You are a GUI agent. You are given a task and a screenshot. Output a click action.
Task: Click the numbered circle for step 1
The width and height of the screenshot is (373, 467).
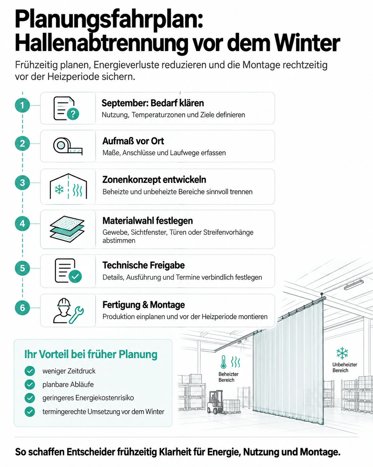pos(22,106)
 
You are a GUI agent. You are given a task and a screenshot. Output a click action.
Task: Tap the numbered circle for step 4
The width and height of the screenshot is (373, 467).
pos(22,224)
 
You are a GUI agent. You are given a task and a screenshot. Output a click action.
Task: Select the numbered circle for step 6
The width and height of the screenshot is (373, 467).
pos(22,308)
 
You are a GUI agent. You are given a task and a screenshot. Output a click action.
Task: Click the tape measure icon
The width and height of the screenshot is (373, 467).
pos(68,146)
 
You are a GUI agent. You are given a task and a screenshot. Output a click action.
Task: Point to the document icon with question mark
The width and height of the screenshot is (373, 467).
pos(66,108)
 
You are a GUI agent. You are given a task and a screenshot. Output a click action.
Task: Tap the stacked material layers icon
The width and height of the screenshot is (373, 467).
pos(67,229)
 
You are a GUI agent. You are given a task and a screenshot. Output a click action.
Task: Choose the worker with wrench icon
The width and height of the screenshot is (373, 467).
pos(68,311)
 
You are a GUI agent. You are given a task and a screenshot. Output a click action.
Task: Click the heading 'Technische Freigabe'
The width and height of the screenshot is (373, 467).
pos(143,265)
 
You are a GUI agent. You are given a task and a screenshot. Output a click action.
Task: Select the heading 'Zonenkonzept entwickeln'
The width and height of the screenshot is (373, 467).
pos(154,180)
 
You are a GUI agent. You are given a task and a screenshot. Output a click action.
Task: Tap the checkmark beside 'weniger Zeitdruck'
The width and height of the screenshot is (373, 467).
pos(30,371)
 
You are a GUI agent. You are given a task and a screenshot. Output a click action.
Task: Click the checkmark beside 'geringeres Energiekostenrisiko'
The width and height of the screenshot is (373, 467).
pos(30,398)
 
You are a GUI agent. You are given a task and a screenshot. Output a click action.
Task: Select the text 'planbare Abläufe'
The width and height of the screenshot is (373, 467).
pos(68,384)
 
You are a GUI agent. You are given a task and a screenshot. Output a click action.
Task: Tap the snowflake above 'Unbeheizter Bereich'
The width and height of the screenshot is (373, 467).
pos(342,353)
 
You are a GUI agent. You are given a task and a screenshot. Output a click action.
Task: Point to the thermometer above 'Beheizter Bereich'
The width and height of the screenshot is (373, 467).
pos(223,362)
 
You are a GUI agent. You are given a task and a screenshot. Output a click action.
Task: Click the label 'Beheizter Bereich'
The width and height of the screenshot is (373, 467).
pos(228,377)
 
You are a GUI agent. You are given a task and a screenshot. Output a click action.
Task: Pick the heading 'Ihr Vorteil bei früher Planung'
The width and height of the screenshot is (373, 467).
pos(91,354)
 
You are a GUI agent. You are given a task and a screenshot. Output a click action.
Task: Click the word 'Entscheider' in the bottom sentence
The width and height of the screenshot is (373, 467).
pos(91,452)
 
